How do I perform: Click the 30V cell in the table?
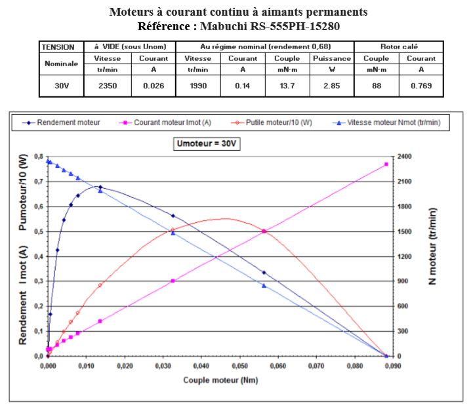tap(61, 86)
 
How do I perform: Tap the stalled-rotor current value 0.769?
tap(421, 86)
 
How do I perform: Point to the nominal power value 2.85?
tap(331, 86)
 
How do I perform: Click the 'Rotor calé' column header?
tap(399, 47)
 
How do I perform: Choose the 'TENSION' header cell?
tap(61, 47)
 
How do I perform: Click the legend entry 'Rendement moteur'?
tap(69, 123)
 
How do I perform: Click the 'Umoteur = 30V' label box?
tap(207, 144)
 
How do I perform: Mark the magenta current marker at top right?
tap(386, 165)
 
